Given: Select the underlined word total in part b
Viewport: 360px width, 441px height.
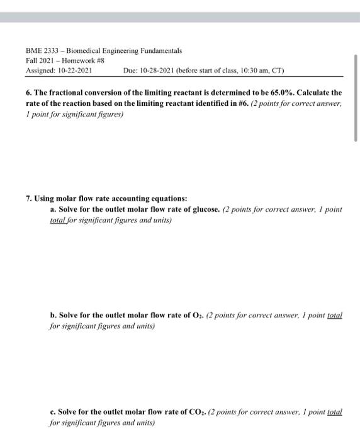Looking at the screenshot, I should [x=335, y=314].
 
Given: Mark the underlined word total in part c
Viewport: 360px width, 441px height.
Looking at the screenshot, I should [x=335, y=411].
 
